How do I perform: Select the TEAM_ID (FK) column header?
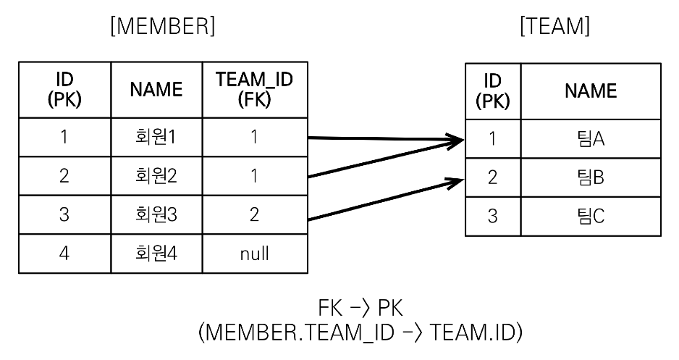tap(255, 90)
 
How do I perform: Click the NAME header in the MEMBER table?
tap(156, 90)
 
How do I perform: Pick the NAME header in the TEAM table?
tap(590, 91)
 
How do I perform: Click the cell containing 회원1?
tap(156, 138)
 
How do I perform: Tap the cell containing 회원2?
tap(156, 177)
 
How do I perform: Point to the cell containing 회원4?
tap(156, 254)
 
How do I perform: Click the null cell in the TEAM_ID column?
tap(255, 254)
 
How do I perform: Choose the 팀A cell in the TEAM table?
tap(590, 138)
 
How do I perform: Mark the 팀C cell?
tap(590, 217)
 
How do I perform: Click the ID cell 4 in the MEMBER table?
tap(64, 254)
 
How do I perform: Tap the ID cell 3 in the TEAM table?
tap(492, 217)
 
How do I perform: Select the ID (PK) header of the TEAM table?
tap(492, 91)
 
